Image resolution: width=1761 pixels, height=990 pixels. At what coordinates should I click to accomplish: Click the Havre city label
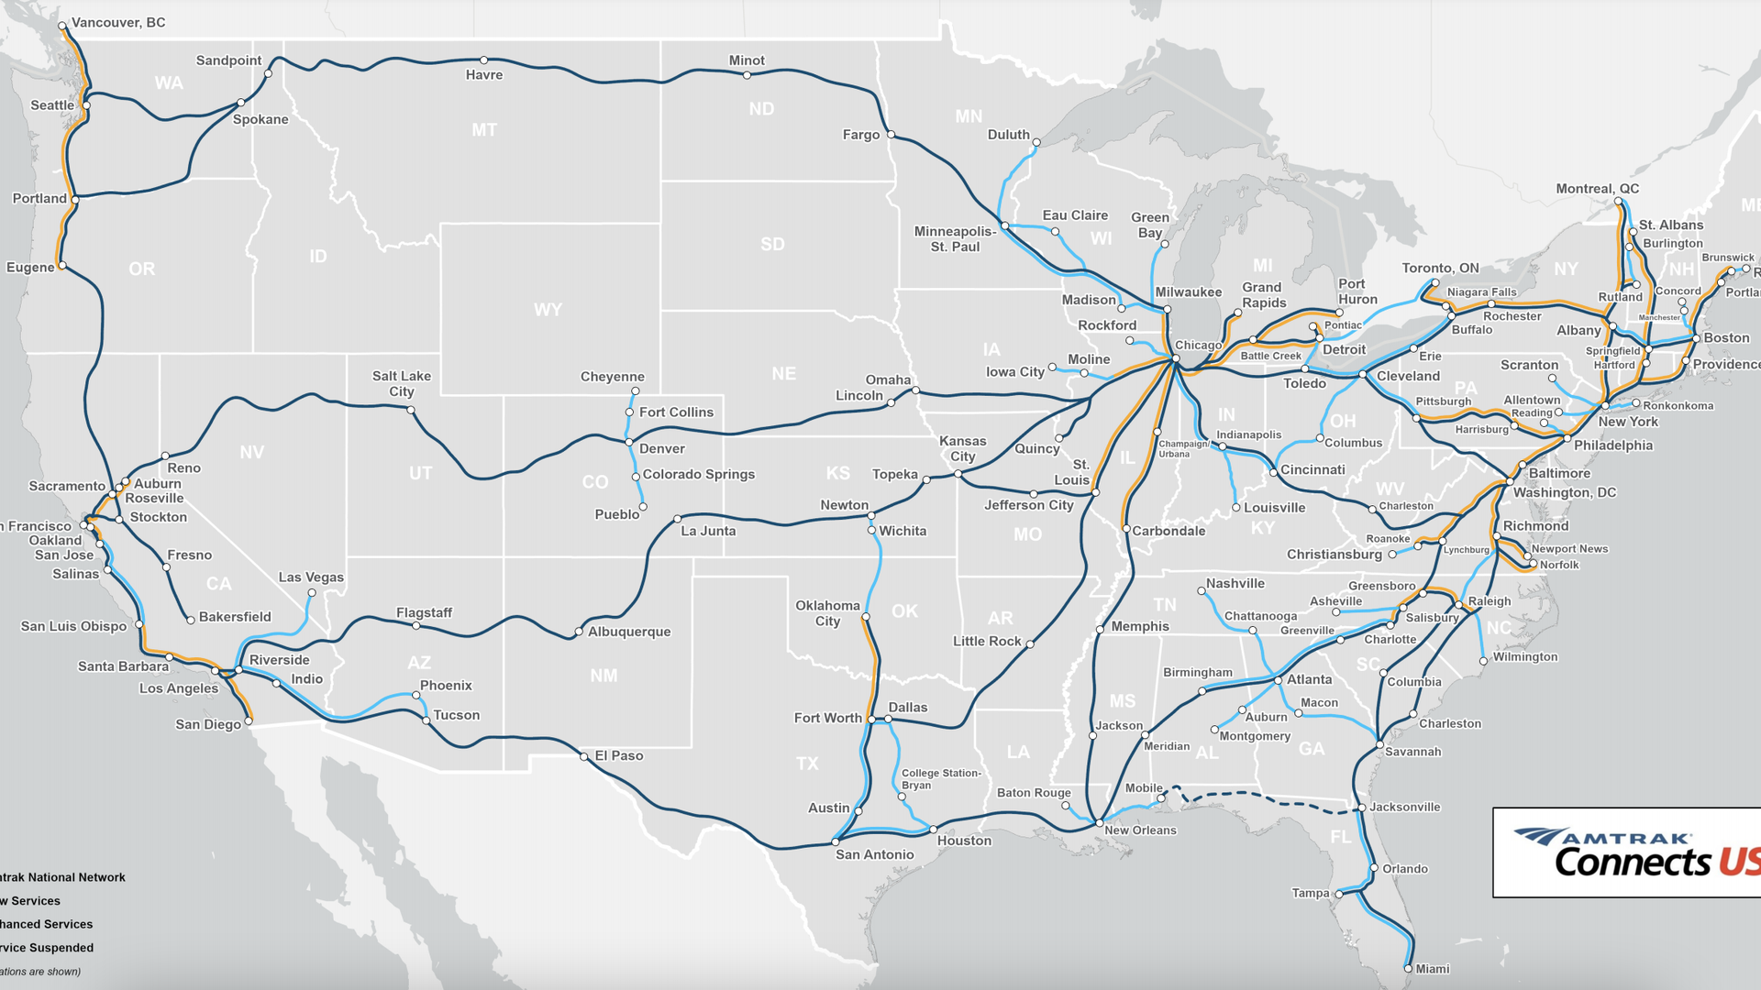coord(484,75)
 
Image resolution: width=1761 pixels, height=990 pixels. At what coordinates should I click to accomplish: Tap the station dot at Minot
coord(748,75)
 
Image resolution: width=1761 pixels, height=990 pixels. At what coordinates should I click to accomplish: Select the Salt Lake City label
coord(402,384)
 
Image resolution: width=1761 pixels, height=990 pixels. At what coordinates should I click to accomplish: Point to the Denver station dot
coord(629,443)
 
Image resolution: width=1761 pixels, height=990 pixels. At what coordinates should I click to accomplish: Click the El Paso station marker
coord(584,757)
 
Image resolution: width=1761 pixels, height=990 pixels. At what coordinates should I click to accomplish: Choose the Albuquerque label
coord(629,632)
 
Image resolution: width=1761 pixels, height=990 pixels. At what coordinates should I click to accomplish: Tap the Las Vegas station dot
coord(312,593)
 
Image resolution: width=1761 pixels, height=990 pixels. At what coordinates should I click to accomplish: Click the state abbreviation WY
coord(548,310)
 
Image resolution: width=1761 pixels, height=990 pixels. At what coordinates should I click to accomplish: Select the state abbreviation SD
coord(772,244)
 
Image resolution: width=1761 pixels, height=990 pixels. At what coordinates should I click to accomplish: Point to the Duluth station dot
coord(1036,143)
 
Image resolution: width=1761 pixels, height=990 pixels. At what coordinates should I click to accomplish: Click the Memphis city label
coord(1140,627)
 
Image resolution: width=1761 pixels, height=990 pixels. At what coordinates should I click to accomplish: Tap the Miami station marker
coord(1409,968)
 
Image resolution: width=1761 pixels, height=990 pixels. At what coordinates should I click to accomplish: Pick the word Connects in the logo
coord(1633,862)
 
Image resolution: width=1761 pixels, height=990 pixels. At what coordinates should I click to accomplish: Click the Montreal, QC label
coord(1597,189)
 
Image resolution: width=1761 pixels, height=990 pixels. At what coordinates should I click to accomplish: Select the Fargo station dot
coord(891,135)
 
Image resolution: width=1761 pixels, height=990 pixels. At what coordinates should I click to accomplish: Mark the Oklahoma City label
coord(827,613)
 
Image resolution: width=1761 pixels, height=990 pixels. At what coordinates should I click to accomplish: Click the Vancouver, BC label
coord(118,23)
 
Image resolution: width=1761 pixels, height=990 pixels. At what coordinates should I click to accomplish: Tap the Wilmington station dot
coord(1484,661)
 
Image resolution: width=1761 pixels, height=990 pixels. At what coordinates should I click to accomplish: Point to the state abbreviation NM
coord(604,676)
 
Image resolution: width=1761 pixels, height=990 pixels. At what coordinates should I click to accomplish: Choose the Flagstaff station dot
coord(416,626)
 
